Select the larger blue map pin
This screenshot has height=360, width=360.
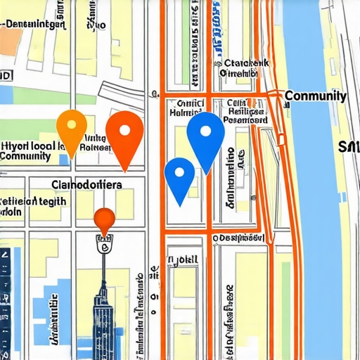click(x=206, y=134)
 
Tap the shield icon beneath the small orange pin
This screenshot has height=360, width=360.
click(x=104, y=247)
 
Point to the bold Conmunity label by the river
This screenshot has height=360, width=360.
click(x=315, y=96)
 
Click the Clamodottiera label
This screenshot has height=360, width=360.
click(x=86, y=184)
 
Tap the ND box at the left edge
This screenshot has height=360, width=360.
click(x=6, y=75)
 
